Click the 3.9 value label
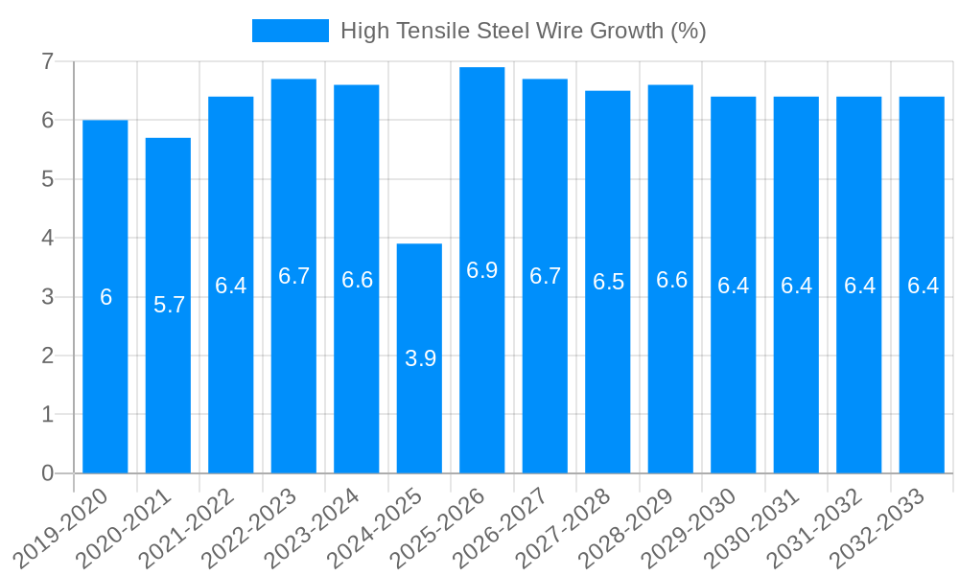pyautogui.click(x=420, y=358)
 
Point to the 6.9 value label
pyautogui.click(x=482, y=270)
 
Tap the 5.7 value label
pyautogui.click(x=169, y=305)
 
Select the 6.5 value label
pyautogui.click(x=608, y=282)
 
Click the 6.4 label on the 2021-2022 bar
pyautogui.click(x=231, y=286)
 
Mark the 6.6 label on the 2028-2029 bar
pyautogui.click(x=671, y=280)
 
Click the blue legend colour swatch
pyautogui.click(x=290, y=31)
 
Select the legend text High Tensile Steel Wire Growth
pyautogui.click(x=523, y=31)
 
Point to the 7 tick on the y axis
pyautogui.click(x=47, y=61)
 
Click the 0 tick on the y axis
pyautogui.click(x=47, y=473)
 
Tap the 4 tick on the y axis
pyautogui.click(x=47, y=238)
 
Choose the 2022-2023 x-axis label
pyautogui.click(x=254, y=527)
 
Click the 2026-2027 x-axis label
pyautogui.click(x=505, y=527)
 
